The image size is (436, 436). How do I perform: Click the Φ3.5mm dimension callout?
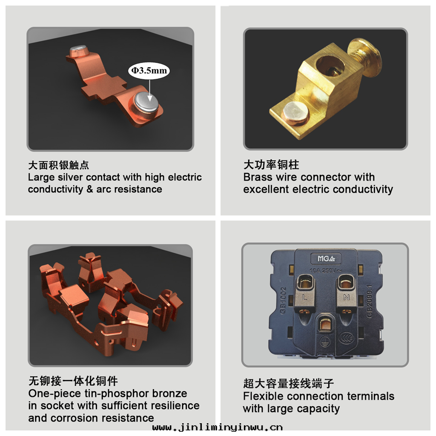coord(149,70)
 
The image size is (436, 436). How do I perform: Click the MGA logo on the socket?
coord(326,258)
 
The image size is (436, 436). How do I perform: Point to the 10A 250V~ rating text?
coord(326,270)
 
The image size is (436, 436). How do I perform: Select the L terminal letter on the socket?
coord(305,297)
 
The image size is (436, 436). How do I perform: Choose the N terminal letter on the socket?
coord(347,297)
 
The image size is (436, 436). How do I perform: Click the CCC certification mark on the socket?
coord(347,338)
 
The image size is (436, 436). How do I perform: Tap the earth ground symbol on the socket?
coord(324,341)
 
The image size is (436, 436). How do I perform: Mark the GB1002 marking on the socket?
coord(283,301)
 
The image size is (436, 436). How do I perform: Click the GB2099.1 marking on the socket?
coord(369,301)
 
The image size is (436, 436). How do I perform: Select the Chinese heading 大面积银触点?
coord(58,165)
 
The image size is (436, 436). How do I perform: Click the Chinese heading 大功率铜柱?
coord(271,165)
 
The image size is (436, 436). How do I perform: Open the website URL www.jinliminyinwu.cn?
coord(218,427)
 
